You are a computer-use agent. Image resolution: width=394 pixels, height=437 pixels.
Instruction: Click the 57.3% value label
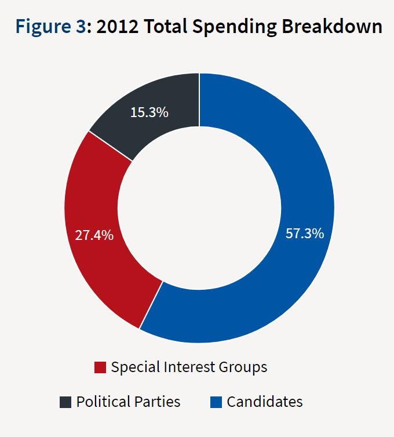coord(305,234)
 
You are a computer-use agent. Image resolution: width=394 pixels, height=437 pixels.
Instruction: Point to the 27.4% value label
coord(94,236)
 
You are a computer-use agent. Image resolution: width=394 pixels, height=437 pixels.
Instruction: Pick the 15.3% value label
coord(149,112)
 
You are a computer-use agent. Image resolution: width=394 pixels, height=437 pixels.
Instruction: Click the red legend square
coord(100,367)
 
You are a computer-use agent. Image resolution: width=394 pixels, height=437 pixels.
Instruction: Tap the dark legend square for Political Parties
coord(65,402)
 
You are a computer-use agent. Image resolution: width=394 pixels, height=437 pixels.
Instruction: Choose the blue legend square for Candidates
coord(216,402)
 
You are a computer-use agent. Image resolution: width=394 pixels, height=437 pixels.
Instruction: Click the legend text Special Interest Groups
coord(189,367)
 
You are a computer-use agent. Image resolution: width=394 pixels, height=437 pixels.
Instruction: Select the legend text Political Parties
coord(128,402)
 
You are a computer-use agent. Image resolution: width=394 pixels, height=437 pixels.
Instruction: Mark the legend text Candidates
coord(265,402)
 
